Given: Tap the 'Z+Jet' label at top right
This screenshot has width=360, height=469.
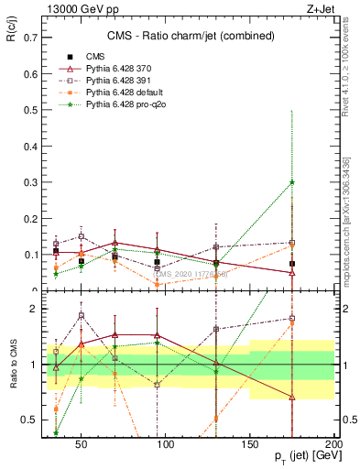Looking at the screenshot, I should coord(322,8).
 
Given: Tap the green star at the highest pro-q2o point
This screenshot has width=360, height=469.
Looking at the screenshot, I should coord(292,182).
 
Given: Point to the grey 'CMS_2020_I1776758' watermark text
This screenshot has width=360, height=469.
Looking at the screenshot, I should coord(188,273).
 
